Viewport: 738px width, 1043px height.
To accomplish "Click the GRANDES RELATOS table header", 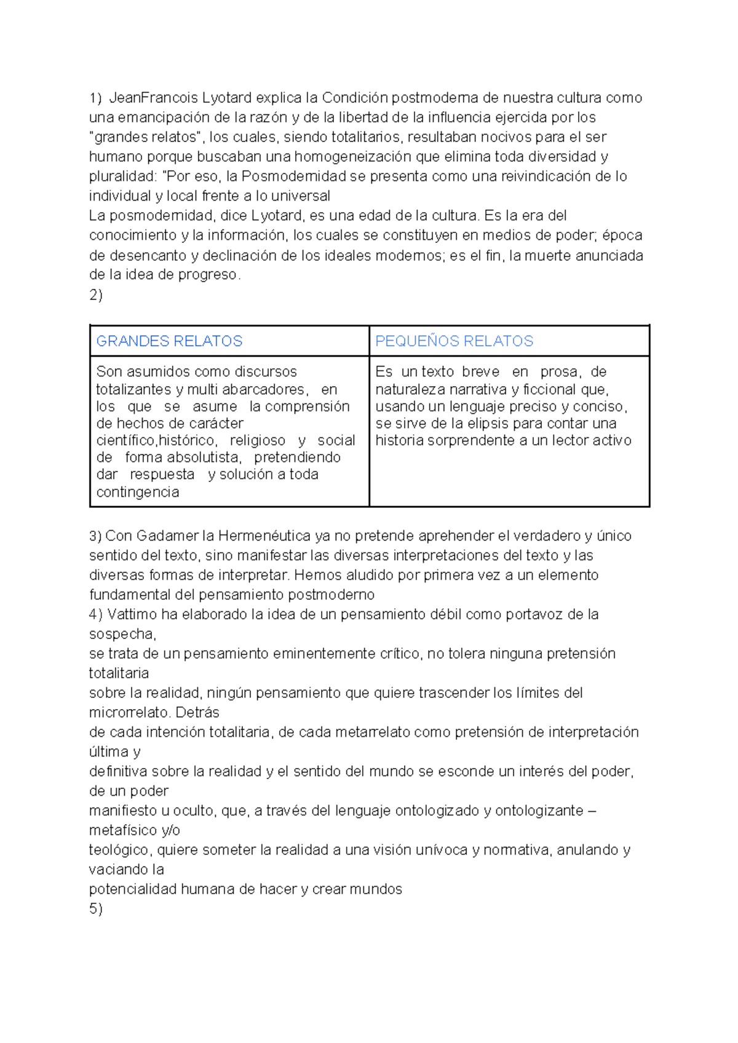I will click(x=169, y=341).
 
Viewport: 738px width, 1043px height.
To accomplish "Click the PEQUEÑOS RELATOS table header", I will click(x=454, y=341).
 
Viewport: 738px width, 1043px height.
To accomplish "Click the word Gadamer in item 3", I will click(x=167, y=536).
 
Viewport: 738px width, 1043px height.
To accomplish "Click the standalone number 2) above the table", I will click(x=96, y=295).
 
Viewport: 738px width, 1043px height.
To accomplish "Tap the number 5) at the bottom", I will click(x=96, y=909).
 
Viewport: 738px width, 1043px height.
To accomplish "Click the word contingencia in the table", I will click(x=138, y=492).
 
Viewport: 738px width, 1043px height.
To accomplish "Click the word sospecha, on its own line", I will click(x=122, y=634).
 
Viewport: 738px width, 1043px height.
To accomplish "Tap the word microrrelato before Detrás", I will click(x=129, y=713).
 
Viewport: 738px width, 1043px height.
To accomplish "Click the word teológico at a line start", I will click(x=120, y=850).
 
